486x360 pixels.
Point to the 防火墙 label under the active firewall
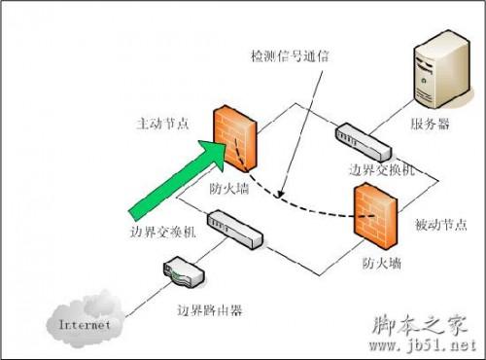tap(228, 188)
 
